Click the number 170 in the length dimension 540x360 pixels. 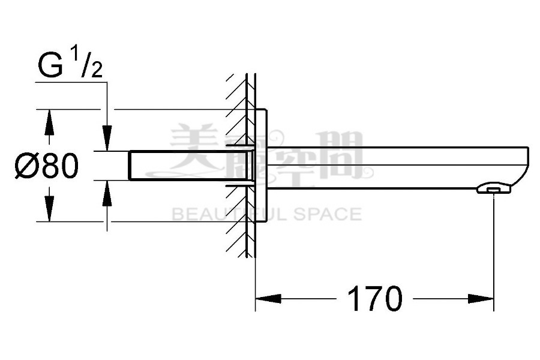[374, 298]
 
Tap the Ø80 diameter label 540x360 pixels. [47, 166]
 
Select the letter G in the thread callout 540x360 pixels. [50, 67]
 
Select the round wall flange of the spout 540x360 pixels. [262, 166]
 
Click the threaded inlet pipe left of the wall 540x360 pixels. [180, 166]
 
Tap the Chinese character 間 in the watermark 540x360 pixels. [342, 155]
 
